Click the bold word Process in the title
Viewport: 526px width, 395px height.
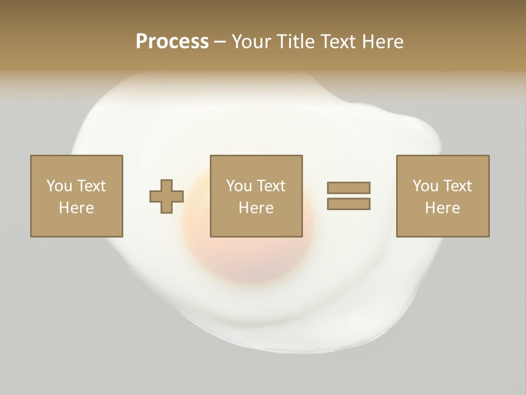pyautogui.click(x=172, y=42)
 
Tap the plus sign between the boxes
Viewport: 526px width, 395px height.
pyautogui.click(x=167, y=196)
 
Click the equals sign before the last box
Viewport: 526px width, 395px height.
pyautogui.click(x=348, y=196)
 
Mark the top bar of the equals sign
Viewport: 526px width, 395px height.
pyautogui.click(x=348, y=188)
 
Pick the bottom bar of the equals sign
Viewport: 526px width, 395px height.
pyautogui.click(x=348, y=204)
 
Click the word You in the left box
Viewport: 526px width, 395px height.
pyautogui.click(x=59, y=186)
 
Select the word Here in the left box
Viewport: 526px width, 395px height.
pyautogui.click(x=77, y=208)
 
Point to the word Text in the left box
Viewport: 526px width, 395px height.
pyautogui.click(x=91, y=186)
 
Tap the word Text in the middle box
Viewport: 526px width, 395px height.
pyautogui.click(x=271, y=186)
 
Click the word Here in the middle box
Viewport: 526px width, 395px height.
pyautogui.click(x=256, y=208)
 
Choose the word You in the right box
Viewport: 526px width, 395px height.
pyautogui.click(x=425, y=186)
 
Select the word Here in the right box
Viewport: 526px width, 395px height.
pyautogui.click(x=443, y=208)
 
